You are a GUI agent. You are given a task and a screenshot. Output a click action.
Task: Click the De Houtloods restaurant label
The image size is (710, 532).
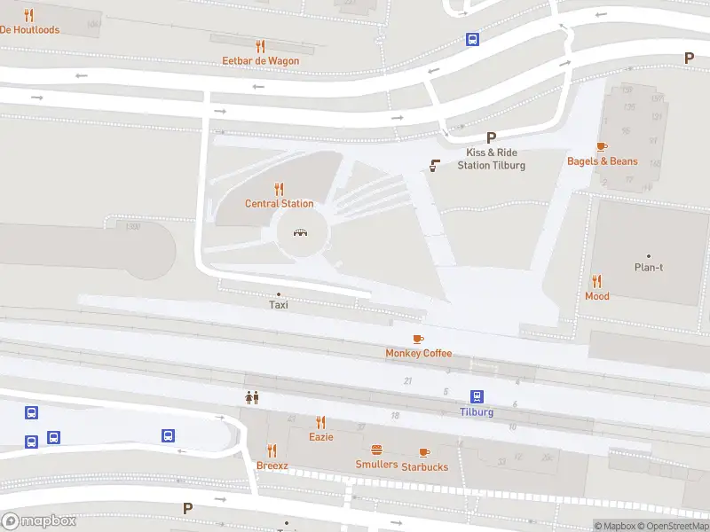29,29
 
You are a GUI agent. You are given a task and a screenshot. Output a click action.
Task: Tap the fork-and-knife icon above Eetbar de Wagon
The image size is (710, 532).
260,46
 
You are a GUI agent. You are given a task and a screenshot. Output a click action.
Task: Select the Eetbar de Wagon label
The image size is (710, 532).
260,61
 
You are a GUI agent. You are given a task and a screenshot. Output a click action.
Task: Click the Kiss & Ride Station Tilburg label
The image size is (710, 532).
491,159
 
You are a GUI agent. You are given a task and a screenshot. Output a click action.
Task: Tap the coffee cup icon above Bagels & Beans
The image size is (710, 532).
602,146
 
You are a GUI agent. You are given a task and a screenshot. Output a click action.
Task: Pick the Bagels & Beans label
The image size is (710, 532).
603,161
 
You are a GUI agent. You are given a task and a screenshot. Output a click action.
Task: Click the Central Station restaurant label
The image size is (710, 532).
279,204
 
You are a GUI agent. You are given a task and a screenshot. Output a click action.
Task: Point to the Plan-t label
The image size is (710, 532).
648,268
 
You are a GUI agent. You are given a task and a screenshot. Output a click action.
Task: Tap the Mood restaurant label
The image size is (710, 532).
597,296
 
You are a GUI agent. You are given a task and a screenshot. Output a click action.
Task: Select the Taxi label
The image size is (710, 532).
279,305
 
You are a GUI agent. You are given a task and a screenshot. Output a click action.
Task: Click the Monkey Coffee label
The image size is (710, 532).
418,353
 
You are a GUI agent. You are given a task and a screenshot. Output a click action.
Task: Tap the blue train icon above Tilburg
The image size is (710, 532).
477,396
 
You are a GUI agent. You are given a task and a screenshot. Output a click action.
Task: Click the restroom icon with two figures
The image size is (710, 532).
252,398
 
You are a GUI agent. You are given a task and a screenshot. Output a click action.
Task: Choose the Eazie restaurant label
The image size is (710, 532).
320,437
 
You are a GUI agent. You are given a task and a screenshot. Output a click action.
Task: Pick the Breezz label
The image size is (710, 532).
272,465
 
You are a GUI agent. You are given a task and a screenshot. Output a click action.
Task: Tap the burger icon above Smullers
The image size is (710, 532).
376,450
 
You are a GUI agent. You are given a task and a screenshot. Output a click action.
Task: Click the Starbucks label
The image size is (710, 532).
424,466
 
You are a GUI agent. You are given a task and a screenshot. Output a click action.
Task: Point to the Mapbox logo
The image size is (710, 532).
38,521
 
